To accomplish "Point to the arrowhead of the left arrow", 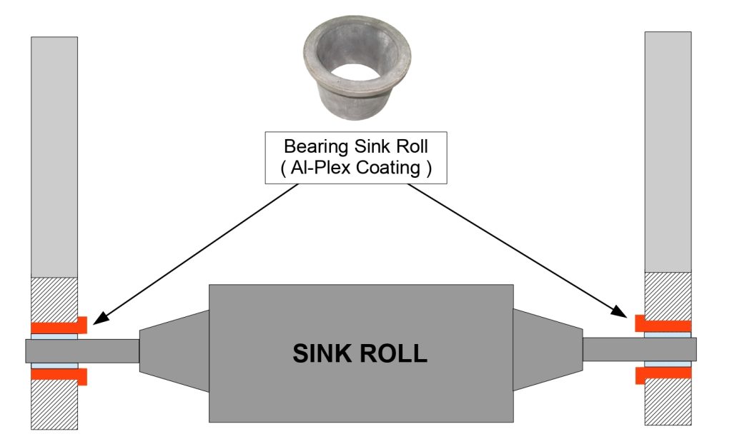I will pos(97,320).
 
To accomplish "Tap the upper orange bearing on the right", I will pos(662,323).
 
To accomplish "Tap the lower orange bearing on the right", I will pos(662,374).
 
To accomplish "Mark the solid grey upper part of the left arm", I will pos(54,157).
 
